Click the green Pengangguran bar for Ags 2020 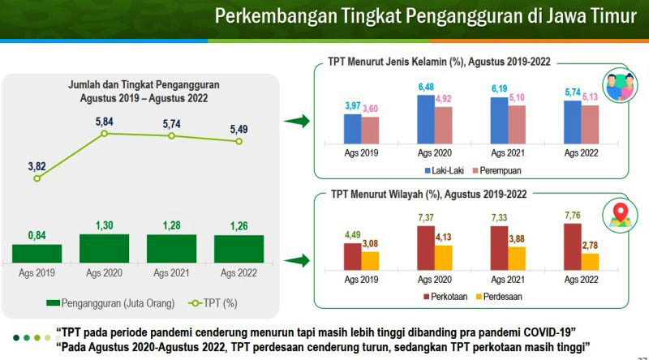pos(104,248)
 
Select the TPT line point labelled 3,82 pos(37,178)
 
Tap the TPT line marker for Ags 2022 pos(239,141)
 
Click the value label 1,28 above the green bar pos(171,225)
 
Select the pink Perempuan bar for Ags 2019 pos(370,129)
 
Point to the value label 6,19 pos(498,88)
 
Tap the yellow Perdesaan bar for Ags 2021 pos(516,259)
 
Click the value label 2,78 pos(589,245)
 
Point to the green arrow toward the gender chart pos(297,122)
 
